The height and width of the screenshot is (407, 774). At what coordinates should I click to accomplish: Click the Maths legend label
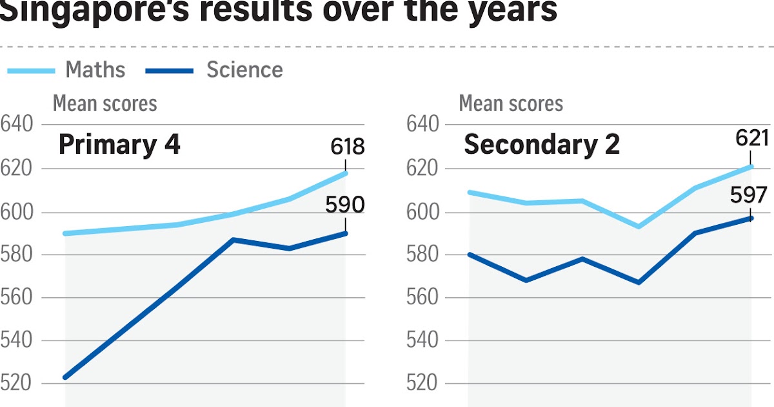(x=95, y=70)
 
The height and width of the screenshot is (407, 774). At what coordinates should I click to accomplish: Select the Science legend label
(x=244, y=70)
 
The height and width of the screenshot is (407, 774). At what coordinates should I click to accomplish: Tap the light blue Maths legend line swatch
(x=31, y=70)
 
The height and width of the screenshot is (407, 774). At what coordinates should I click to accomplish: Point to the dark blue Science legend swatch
(x=170, y=70)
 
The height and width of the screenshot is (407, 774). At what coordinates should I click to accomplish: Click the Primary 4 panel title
(x=119, y=145)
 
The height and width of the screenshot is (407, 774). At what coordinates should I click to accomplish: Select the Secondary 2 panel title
(x=542, y=145)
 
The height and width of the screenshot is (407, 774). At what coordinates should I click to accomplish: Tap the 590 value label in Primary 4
(x=345, y=205)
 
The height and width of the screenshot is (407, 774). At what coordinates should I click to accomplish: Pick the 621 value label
(x=752, y=138)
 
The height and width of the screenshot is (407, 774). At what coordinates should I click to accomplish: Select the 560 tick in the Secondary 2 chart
(x=423, y=298)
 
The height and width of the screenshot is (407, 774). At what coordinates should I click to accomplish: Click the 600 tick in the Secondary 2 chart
(x=423, y=212)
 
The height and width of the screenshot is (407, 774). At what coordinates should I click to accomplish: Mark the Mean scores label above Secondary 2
(x=511, y=103)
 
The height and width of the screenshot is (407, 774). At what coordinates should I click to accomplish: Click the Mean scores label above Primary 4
(x=104, y=103)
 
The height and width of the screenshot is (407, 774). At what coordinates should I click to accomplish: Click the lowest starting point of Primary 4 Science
(x=65, y=377)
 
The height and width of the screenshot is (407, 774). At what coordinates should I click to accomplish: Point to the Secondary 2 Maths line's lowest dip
(x=639, y=226)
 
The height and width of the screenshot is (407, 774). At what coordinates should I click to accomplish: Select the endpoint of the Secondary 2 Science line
(x=751, y=218)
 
